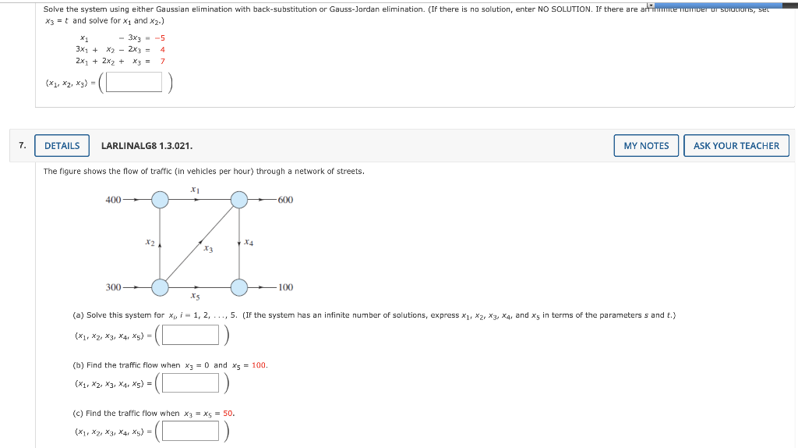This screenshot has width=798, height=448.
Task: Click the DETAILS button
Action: [x=62, y=146]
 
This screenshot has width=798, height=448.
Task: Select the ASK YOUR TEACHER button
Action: [x=736, y=146]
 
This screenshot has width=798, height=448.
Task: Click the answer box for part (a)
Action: [x=191, y=335]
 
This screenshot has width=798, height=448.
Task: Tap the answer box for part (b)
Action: [x=191, y=382]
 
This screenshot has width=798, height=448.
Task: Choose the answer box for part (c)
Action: [x=191, y=431]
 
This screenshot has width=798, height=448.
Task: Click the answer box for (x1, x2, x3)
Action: [x=134, y=82]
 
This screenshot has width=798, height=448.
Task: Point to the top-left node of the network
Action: [x=160, y=200]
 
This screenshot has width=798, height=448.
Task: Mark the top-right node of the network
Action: [x=238, y=200]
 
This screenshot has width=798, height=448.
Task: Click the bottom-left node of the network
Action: [x=160, y=287]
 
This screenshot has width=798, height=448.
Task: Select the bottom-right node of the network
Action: [x=238, y=287]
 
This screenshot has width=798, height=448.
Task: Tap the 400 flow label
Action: [x=113, y=200]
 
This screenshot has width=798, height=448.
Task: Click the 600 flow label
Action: [x=285, y=200]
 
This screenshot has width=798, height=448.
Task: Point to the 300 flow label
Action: [x=113, y=287]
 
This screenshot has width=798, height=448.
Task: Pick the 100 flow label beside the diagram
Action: [x=285, y=287]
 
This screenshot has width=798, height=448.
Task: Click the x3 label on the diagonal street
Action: [x=208, y=249]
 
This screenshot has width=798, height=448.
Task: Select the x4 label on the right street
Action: [x=249, y=243]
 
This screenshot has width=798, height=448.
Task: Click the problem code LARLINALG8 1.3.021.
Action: [x=147, y=146]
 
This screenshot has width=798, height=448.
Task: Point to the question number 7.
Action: [x=23, y=145]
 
